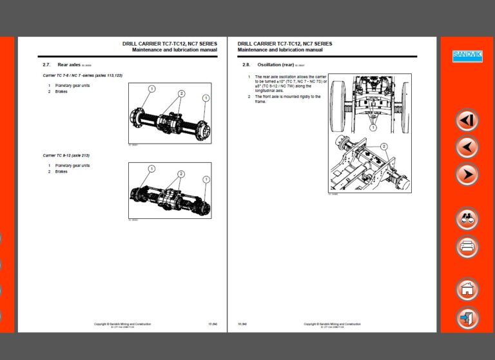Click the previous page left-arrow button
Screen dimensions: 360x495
tap(467, 147)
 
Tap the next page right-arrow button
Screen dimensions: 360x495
tap(467, 174)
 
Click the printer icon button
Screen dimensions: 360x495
tap(467, 246)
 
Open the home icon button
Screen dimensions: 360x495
tap(467, 289)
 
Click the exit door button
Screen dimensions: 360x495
tap(467, 317)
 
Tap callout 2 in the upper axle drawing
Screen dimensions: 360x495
tap(181, 93)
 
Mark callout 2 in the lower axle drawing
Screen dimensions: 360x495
tap(181, 174)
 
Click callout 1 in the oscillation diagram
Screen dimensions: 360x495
tap(373, 128)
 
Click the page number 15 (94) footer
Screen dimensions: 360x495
tap(212, 324)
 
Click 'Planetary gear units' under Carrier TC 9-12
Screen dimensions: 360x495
tap(72, 166)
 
